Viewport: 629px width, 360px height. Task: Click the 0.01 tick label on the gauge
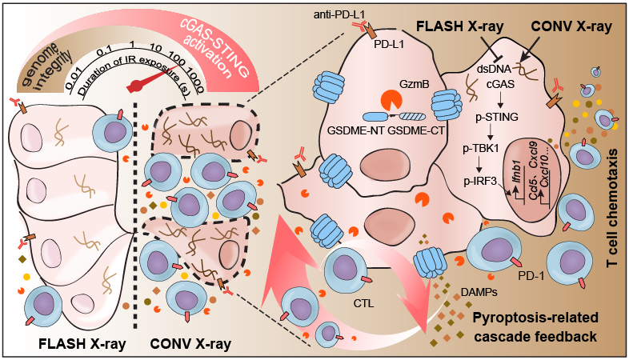(77, 79)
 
